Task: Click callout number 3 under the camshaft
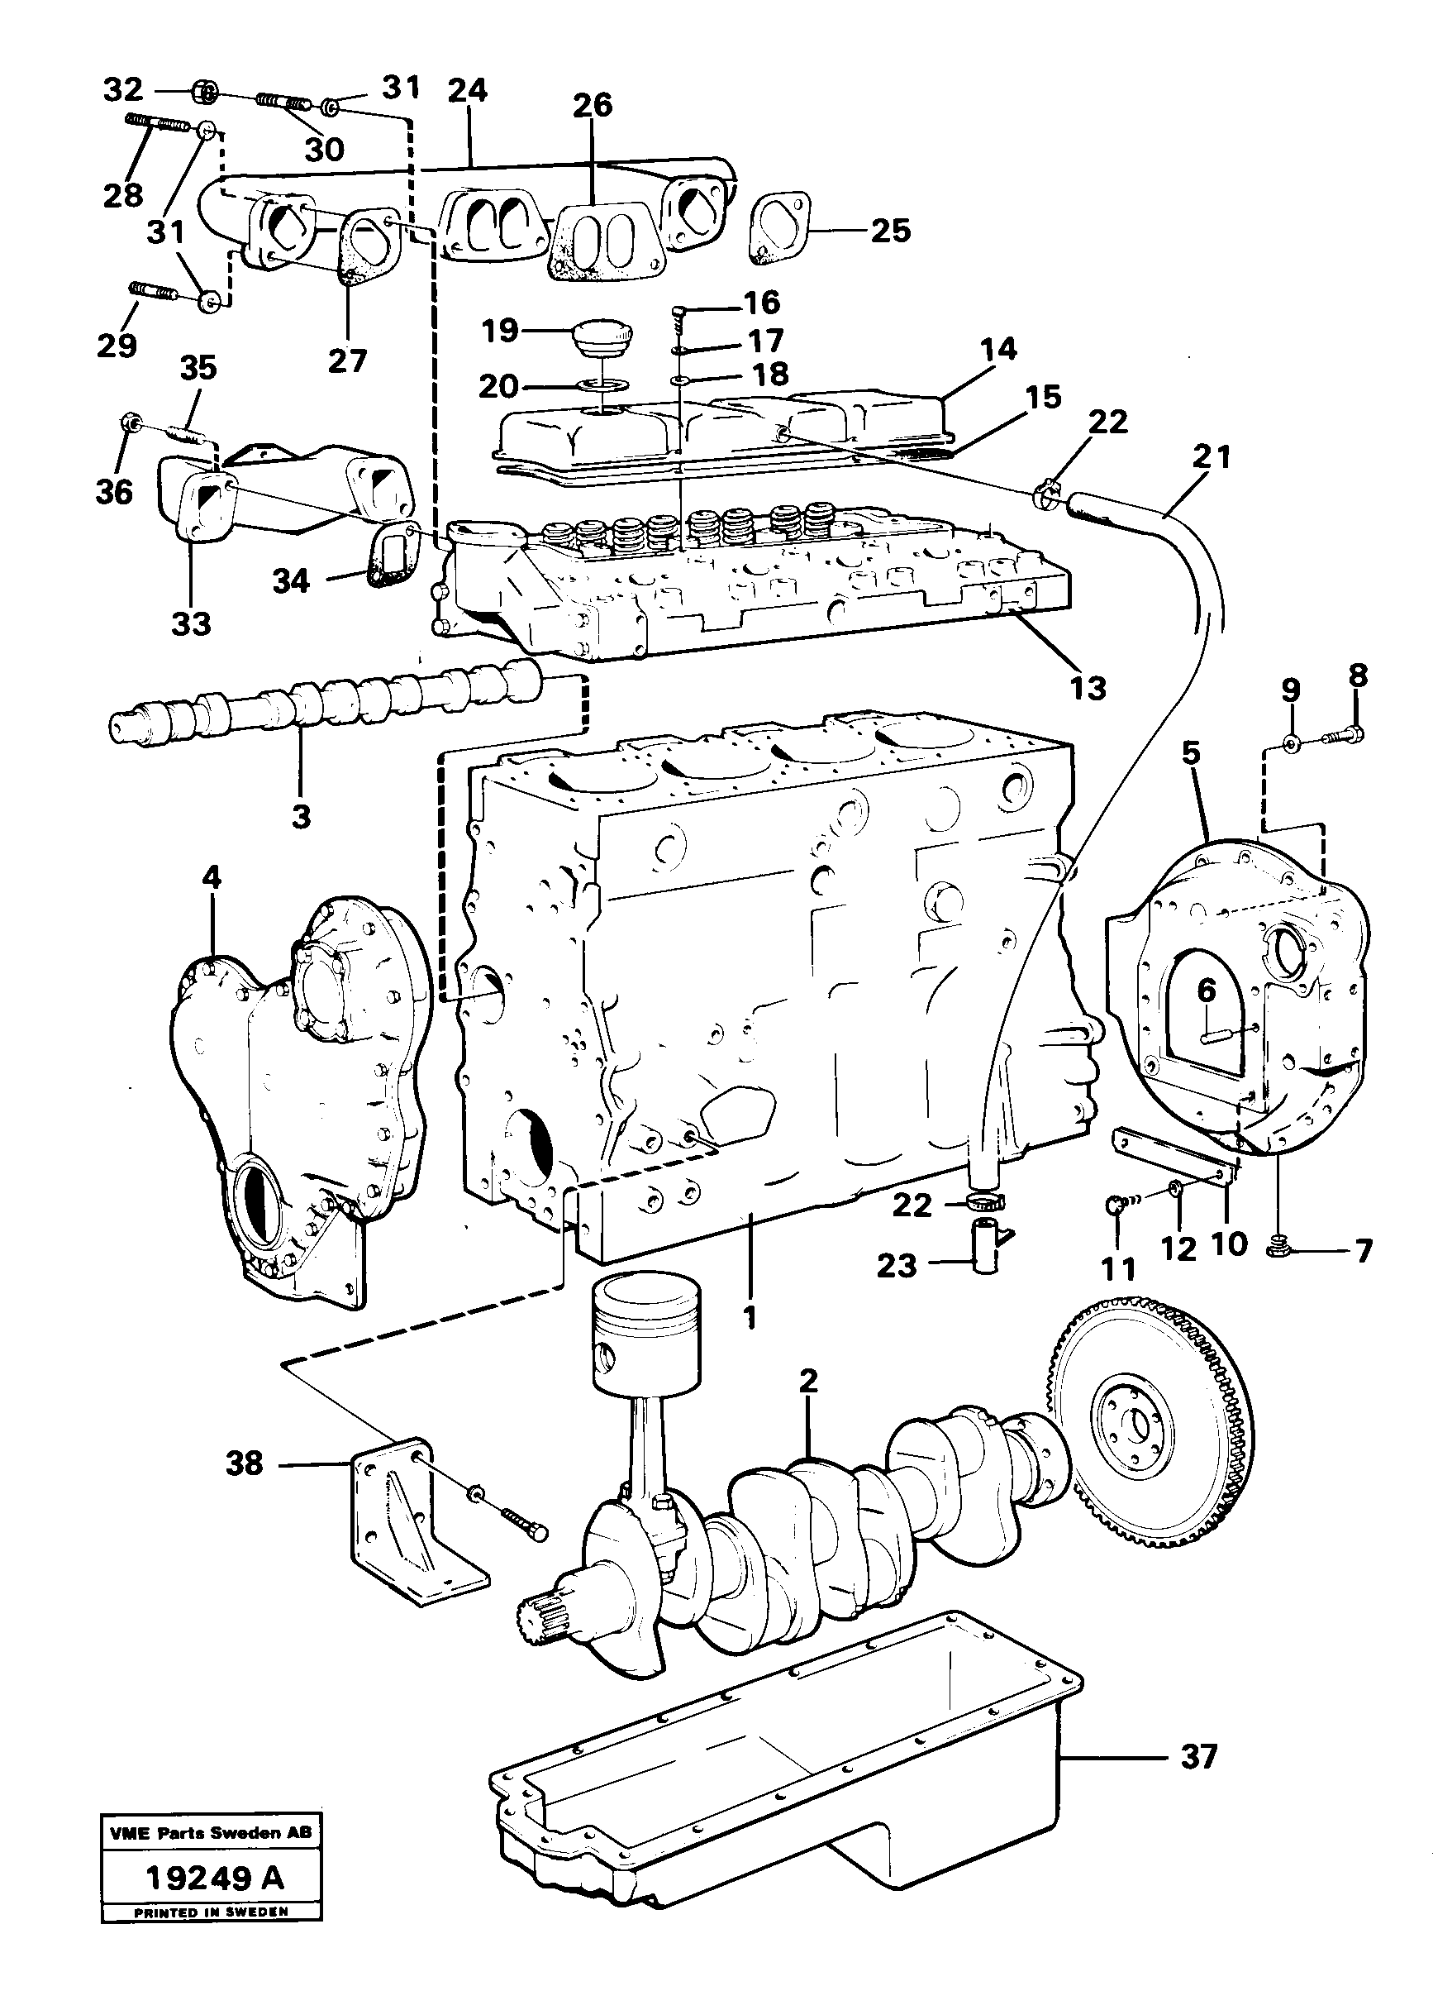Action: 301,817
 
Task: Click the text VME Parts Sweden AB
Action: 210,1833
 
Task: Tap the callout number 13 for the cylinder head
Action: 1087,688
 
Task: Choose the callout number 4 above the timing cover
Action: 211,877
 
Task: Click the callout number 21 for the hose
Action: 1211,457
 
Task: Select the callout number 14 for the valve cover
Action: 997,350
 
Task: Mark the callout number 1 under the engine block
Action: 750,1319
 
